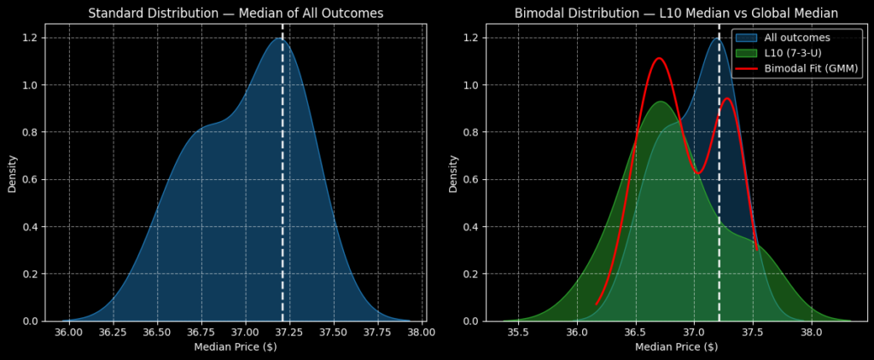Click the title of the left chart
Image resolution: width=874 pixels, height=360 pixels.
[x=235, y=13]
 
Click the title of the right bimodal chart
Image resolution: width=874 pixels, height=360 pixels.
[x=676, y=13]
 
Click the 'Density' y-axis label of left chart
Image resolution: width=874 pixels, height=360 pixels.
[x=12, y=172]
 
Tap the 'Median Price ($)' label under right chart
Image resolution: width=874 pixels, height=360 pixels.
[x=676, y=347]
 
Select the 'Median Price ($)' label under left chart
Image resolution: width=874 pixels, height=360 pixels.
[x=235, y=347]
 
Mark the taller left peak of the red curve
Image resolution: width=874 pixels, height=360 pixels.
[x=658, y=59]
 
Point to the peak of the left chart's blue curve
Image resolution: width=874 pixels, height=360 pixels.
[x=278, y=38]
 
